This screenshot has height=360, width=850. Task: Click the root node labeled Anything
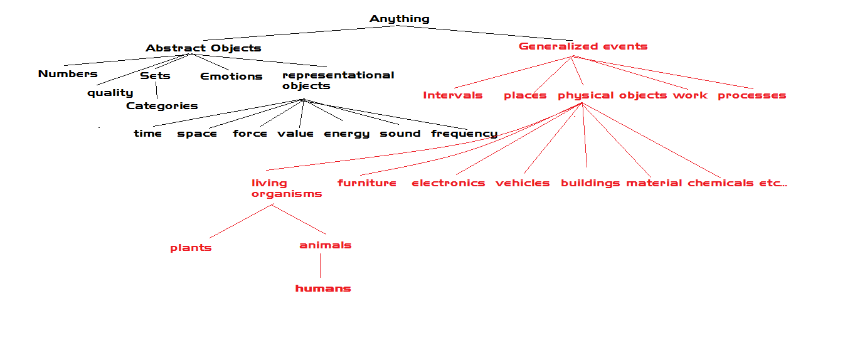click(x=400, y=19)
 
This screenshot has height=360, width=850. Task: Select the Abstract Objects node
click(x=203, y=48)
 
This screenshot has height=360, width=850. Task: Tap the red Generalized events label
click(x=583, y=46)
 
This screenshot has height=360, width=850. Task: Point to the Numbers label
click(x=68, y=74)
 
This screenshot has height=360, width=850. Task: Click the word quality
click(x=110, y=93)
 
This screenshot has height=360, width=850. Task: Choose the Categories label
click(x=162, y=106)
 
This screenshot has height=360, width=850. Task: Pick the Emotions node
click(x=231, y=77)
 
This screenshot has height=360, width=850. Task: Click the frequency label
click(x=464, y=134)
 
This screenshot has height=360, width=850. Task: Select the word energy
click(x=346, y=134)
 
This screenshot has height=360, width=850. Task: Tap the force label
click(x=250, y=134)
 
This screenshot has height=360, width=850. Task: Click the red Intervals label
click(x=452, y=95)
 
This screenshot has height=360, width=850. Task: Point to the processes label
click(x=752, y=95)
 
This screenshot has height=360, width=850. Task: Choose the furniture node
click(x=366, y=183)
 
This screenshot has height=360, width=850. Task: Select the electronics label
click(x=448, y=183)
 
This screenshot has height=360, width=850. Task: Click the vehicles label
click(x=522, y=183)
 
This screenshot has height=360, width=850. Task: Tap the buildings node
click(x=590, y=183)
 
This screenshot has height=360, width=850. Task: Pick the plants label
click(x=191, y=248)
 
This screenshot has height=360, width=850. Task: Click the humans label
click(x=323, y=289)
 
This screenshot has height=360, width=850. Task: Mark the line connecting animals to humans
click(x=320, y=266)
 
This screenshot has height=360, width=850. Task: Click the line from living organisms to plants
click(x=241, y=221)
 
